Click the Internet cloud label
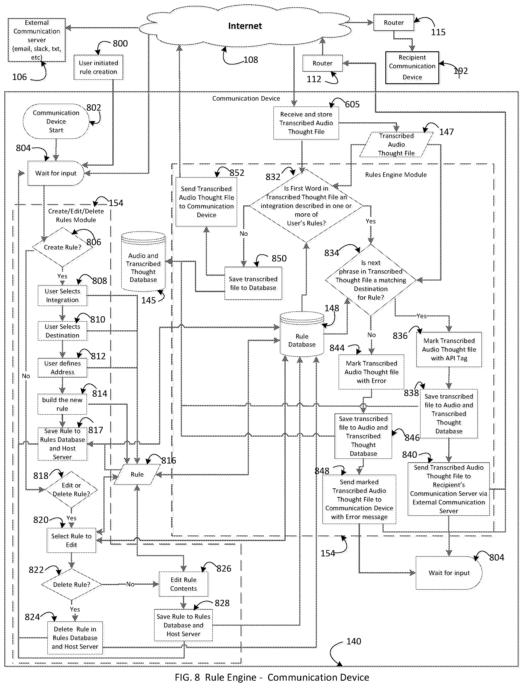tap(245, 26)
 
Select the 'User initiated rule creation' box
tap(98, 67)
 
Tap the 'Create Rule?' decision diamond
tap(63, 247)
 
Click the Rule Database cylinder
tap(302, 334)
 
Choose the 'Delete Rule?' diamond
tap(72, 584)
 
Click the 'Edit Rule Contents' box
tap(183, 584)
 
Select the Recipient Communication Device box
tap(412, 68)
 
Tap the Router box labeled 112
tap(323, 63)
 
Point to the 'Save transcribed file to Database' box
tap(253, 283)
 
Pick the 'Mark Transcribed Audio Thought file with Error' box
tap(371, 372)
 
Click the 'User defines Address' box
tap(62, 368)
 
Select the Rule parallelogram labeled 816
tap(137, 474)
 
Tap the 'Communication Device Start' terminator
tap(56, 121)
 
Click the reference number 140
tap(354, 642)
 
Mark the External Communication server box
tap(37, 40)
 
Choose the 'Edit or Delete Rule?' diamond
tap(72, 490)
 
